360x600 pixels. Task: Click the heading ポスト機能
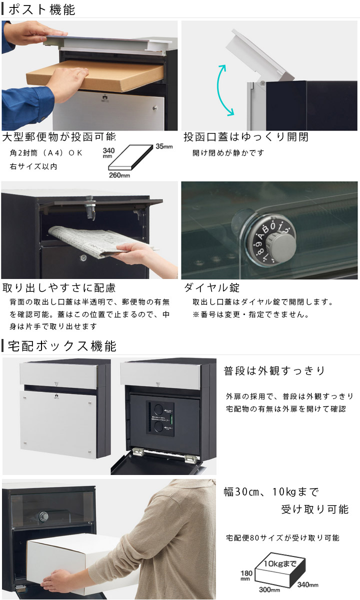pos(42,9)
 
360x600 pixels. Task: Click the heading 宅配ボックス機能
pos(62,346)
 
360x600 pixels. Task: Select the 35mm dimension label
pos(164,146)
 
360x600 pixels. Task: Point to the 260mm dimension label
pos(119,175)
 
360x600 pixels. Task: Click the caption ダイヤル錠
pos(212,287)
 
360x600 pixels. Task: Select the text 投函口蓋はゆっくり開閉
pos(246,137)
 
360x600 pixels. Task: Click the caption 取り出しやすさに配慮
pos(59,287)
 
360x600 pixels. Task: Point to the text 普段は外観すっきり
pos(274,370)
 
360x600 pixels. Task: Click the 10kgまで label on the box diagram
pos(280,563)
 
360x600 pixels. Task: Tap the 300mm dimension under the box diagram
pos(269,589)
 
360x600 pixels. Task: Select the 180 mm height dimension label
pos(246,575)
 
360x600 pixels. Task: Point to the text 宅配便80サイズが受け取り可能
pos(282,537)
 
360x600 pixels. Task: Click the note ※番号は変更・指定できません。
pos(250,314)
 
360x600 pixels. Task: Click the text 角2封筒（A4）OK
pos(46,153)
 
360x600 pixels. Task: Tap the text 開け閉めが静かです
pos(228,153)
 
